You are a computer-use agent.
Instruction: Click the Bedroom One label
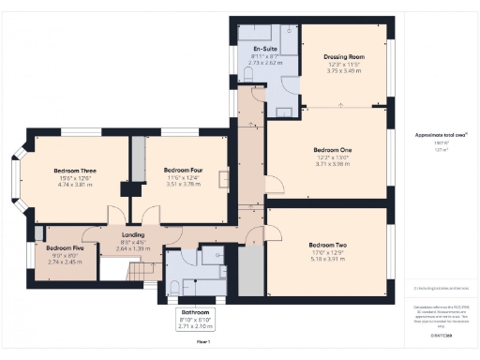(x=333, y=150)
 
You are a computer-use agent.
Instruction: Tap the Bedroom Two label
(x=328, y=246)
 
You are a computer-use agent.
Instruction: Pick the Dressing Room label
(x=344, y=56)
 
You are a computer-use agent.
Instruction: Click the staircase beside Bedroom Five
(x=142, y=271)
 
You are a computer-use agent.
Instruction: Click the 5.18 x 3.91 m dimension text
(x=328, y=258)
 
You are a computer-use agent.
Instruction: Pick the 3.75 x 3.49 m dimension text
(x=344, y=69)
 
